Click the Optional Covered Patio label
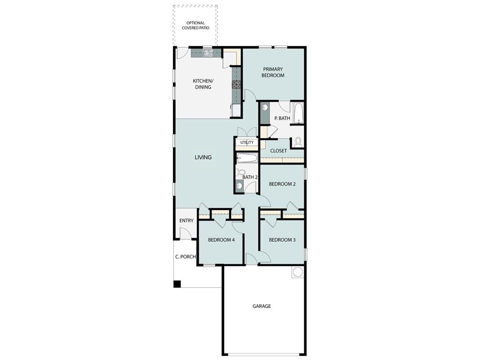pyautogui.click(x=195, y=25)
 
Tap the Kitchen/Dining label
pyautogui.click(x=202, y=84)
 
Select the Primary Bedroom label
pyautogui.click(x=273, y=72)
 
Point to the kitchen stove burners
pyautogui.click(x=236, y=85)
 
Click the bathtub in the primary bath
pyautogui.click(x=298, y=113)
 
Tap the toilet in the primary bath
pyautogui.click(x=298, y=142)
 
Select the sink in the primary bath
pyautogui.click(x=265, y=108)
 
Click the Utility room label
pyautogui.click(x=247, y=142)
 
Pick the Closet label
pyautogui.click(x=278, y=151)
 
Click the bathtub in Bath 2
pyautogui.click(x=247, y=157)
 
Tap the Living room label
pyautogui.click(x=203, y=157)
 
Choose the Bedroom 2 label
pyautogui.click(x=282, y=184)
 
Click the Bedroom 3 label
pyautogui.click(x=282, y=240)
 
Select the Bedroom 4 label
pyautogui.click(x=221, y=240)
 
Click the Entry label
pyautogui.click(x=186, y=221)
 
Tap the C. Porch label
pyautogui.click(x=185, y=256)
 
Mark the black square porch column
pyautogui.click(x=177, y=284)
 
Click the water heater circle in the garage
pyautogui.click(x=298, y=272)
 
